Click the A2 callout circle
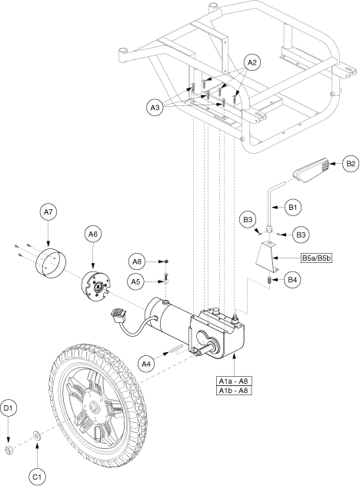tap(252, 63)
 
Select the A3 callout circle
tap(155, 108)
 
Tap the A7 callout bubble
tap(48, 212)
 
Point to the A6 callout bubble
tap(93, 235)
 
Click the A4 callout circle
tap(146, 364)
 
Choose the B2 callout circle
tap(351, 163)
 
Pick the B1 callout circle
tap(293, 207)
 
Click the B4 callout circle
tap(292, 280)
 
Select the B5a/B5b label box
tap(316, 258)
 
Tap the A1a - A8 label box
tap(234, 381)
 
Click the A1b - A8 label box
tap(234, 390)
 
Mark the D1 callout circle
tap(8, 408)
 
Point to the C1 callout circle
tap(37, 477)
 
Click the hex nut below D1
tap(8, 450)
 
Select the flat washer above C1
tap(37, 436)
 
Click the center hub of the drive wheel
tap(93, 406)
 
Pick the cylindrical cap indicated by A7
tap(51, 262)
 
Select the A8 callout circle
tap(137, 262)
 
